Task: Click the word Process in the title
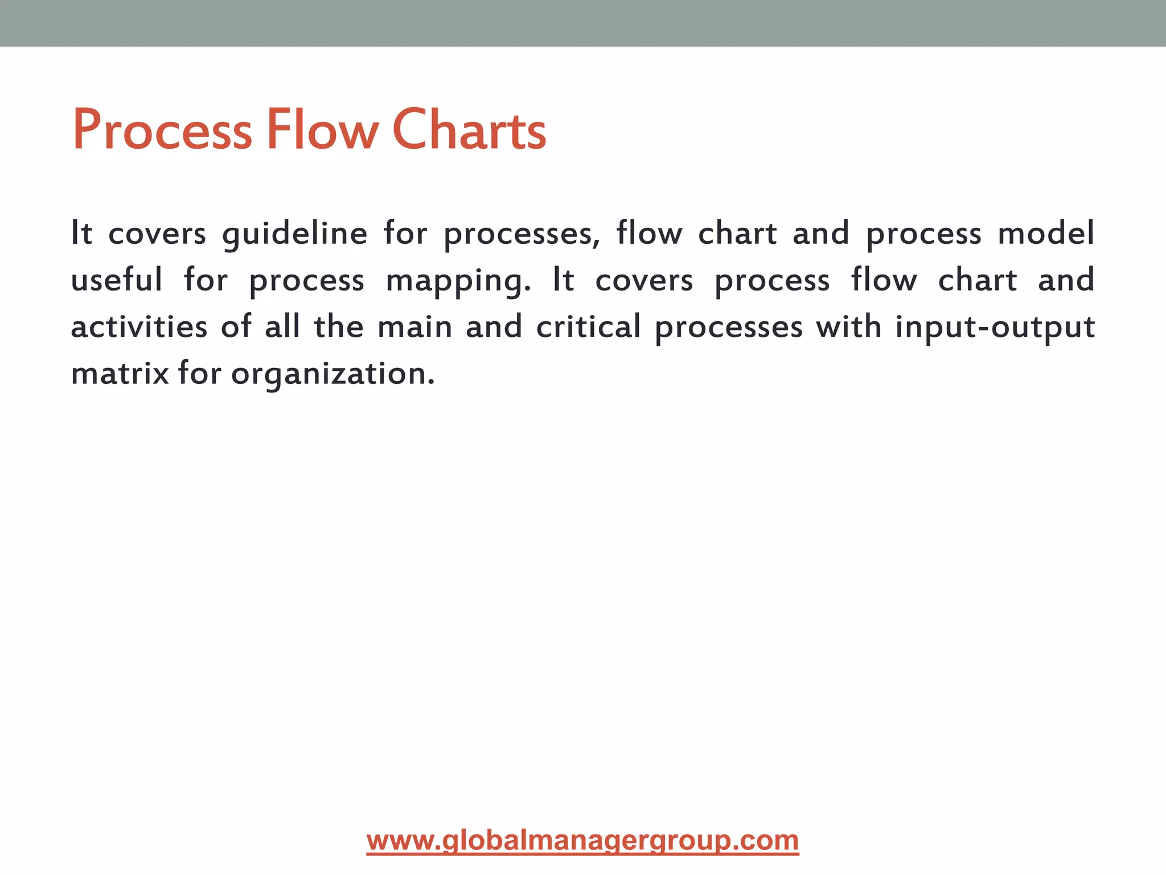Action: (x=162, y=131)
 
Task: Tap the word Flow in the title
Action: (x=322, y=131)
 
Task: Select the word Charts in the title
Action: (x=469, y=131)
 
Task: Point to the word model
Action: (x=1046, y=234)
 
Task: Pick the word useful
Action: (x=117, y=280)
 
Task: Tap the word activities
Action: (x=139, y=327)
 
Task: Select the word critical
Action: (x=589, y=327)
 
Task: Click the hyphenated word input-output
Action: (x=995, y=328)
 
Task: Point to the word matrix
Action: (x=120, y=374)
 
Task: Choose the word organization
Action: (x=333, y=375)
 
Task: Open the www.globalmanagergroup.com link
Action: (x=582, y=841)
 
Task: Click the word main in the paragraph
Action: (x=415, y=327)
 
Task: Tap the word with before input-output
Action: (x=849, y=327)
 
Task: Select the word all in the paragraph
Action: (x=282, y=327)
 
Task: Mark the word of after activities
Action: (x=236, y=327)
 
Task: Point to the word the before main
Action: (x=339, y=327)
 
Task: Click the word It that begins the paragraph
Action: (x=81, y=234)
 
